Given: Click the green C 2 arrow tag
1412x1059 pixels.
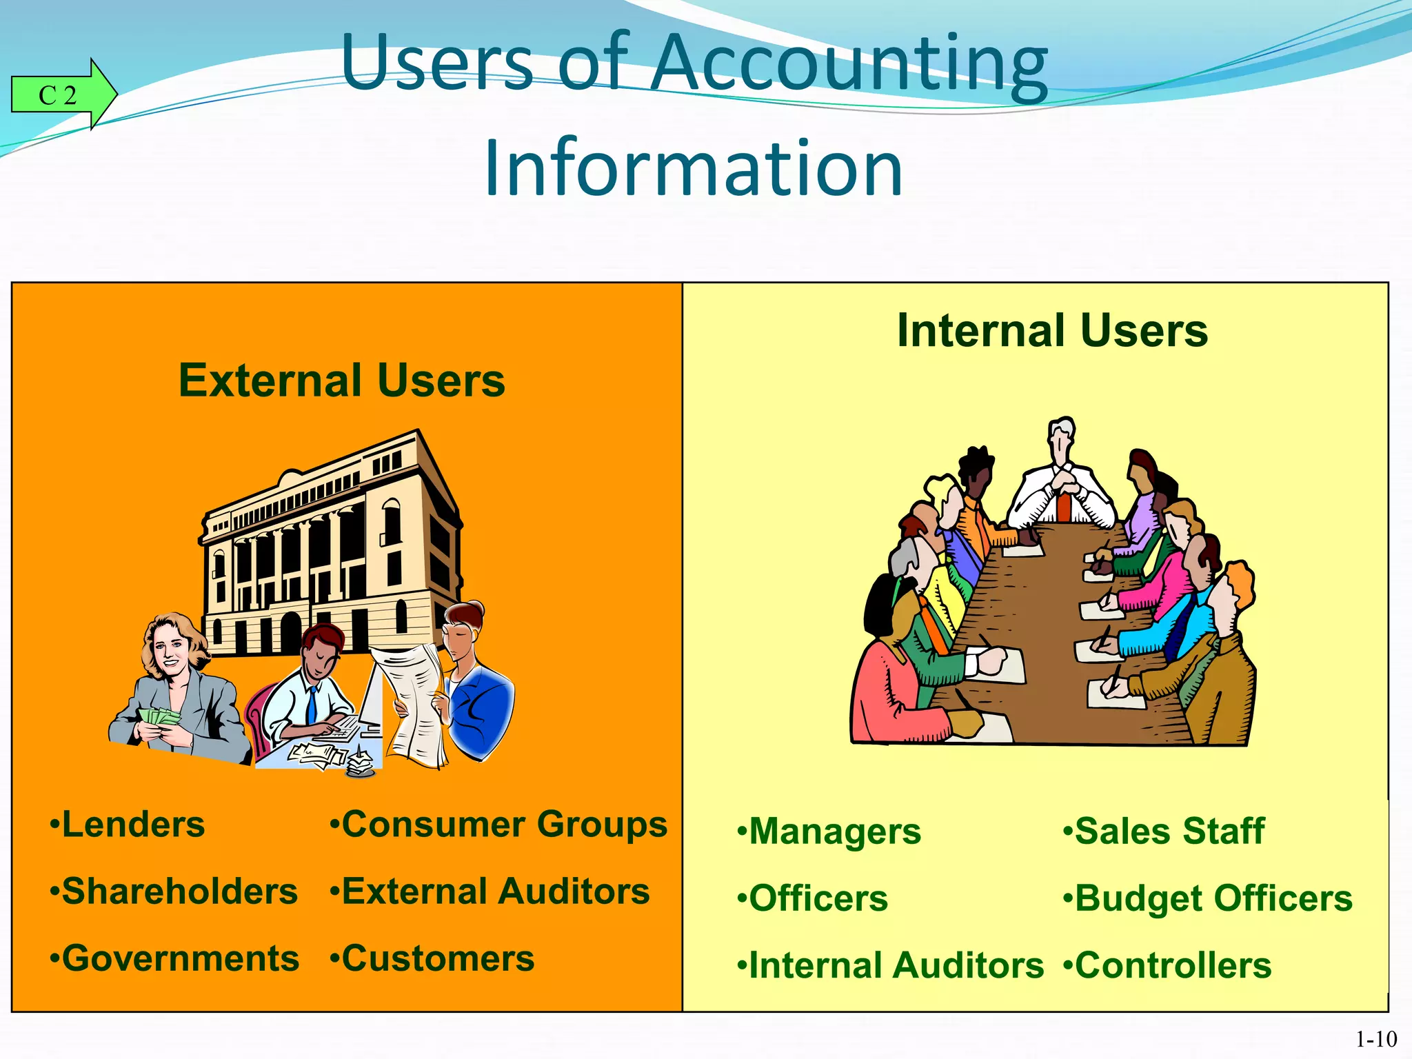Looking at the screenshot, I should (62, 94).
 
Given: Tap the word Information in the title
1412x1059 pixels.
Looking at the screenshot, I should (693, 168).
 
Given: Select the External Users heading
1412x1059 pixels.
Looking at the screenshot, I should (341, 381).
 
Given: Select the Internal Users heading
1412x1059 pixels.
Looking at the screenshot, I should (1052, 330).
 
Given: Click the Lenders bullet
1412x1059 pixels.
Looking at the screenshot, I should (128, 825).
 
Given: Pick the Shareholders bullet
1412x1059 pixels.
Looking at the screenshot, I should (174, 891).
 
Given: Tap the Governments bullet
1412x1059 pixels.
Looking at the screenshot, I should (175, 958).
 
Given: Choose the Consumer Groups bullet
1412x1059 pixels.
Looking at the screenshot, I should (498, 825).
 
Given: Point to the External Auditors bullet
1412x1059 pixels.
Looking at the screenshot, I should (490, 891).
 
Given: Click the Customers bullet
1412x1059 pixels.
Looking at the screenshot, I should (432, 958).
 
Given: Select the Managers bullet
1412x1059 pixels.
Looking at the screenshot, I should (829, 831).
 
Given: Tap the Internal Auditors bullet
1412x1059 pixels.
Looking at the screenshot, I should (891, 965).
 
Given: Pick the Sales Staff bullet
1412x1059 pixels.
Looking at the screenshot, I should (1164, 831).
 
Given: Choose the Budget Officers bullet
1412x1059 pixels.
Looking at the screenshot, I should (1208, 898).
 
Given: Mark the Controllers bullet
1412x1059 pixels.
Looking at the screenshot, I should (1168, 965).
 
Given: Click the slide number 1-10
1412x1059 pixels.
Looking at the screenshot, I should (1376, 1039).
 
